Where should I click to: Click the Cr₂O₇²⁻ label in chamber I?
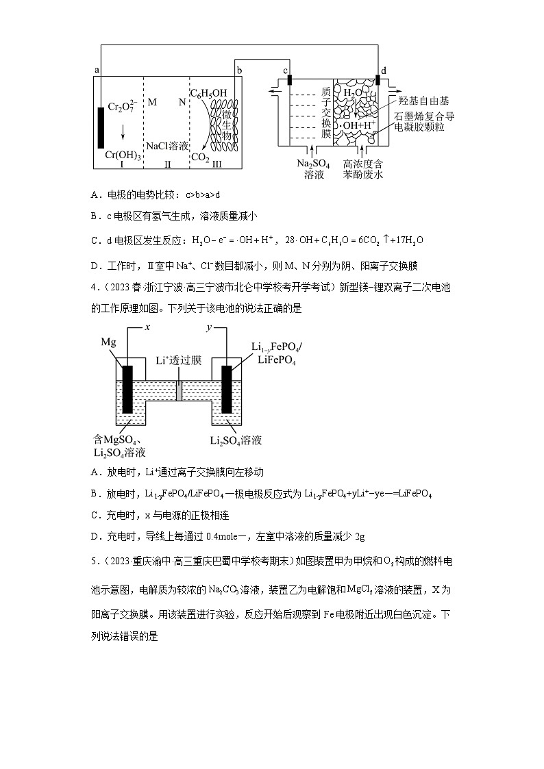pos(123,108)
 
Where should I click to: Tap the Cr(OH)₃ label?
pos(123,155)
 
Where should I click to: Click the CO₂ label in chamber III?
pos(200,157)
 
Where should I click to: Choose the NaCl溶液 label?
pos(167,146)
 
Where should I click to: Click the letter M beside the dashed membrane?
pos(152,102)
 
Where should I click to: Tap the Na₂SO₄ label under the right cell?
pos(312,164)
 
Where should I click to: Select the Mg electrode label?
pos(109,341)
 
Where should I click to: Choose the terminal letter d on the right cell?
pos(384,70)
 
